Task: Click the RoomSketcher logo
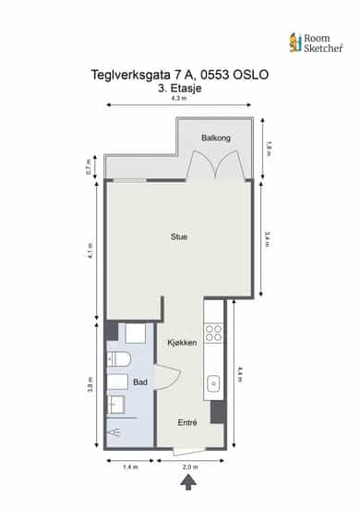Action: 316,42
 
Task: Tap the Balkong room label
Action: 216,138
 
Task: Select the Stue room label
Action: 179,236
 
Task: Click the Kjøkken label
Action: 182,343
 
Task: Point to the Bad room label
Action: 140,382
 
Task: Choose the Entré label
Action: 187,423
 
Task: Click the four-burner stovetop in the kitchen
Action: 214,333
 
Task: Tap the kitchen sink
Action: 214,384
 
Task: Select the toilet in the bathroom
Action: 119,359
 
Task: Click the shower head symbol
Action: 115,432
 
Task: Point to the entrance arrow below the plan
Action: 188,482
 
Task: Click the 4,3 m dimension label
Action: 179,98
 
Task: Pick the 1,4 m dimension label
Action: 130,467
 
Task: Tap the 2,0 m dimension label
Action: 190,467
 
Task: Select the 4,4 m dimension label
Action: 240,375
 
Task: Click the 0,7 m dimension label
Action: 89,167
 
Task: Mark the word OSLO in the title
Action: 251,75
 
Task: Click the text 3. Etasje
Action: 180,89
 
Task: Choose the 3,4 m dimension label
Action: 268,239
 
